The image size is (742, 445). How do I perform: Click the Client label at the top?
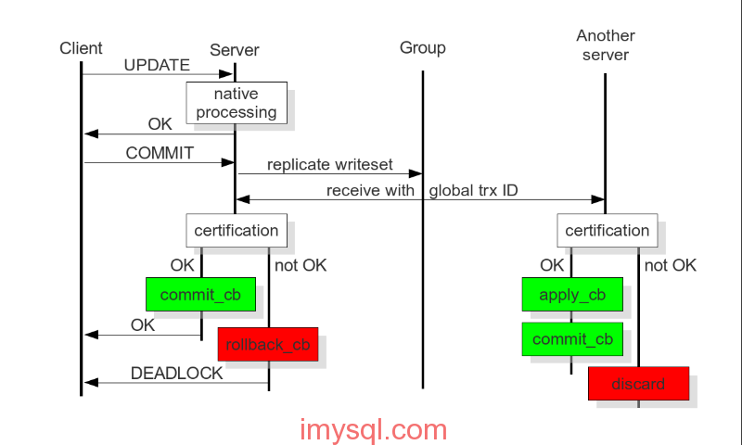[81, 48]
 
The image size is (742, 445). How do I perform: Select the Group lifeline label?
[423, 47]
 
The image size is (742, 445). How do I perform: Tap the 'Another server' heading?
[606, 45]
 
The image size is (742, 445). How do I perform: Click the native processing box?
[236, 103]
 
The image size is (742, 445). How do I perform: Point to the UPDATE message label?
[157, 66]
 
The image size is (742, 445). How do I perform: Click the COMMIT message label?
[160, 153]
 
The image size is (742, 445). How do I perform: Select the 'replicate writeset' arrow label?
[330, 165]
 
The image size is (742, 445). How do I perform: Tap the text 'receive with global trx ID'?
[422, 191]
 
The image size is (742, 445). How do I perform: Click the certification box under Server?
[236, 230]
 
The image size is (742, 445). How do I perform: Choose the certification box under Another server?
[607, 230]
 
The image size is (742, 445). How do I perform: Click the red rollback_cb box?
[267, 344]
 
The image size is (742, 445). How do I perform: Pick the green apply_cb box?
[572, 295]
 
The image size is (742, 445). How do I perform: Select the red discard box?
[638, 383]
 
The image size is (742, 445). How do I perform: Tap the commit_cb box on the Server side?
[200, 295]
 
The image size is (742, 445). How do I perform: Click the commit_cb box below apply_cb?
[572, 338]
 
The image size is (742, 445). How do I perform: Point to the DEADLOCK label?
[176, 374]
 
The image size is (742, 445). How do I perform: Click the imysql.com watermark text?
[374, 430]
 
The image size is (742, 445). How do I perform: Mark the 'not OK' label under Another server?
[670, 265]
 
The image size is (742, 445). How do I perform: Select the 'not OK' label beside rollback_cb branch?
[301, 265]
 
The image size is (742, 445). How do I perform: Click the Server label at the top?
[235, 49]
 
